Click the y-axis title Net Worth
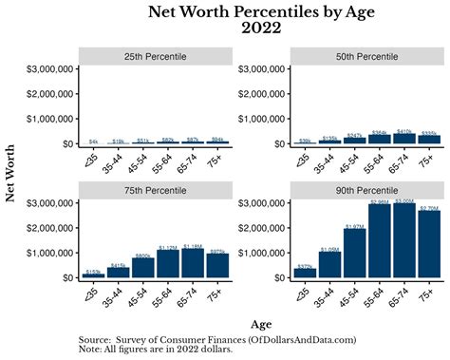[x=11, y=173]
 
